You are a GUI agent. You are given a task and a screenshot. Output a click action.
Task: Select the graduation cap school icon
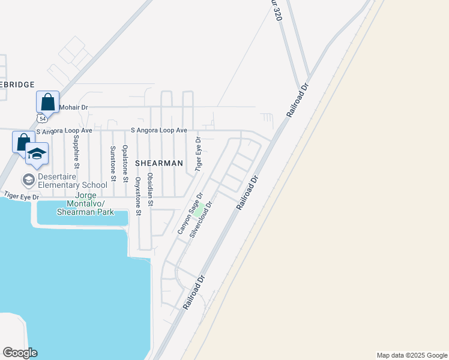[x=37, y=154]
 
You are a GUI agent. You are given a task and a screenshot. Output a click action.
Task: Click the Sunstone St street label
[x=112, y=162]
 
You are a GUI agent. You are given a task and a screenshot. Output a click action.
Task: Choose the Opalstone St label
[x=125, y=163]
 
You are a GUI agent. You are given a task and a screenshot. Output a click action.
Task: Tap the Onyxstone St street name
[x=137, y=196]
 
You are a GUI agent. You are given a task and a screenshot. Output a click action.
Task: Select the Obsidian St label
[x=151, y=190]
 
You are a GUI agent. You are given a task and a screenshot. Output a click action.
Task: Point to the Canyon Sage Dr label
[x=190, y=213]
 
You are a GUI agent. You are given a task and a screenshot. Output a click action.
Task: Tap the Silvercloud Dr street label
[x=202, y=220]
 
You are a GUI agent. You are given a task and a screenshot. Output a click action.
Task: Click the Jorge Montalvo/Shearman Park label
[x=85, y=204]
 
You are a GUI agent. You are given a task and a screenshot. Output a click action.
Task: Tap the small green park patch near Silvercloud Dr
[x=197, y=212]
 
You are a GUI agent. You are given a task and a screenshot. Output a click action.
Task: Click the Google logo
[x=20, y=353]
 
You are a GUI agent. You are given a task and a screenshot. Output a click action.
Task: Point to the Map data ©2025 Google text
[x=411, y=355]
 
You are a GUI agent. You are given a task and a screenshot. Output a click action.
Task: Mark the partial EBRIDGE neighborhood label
[x=17, y=85]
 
